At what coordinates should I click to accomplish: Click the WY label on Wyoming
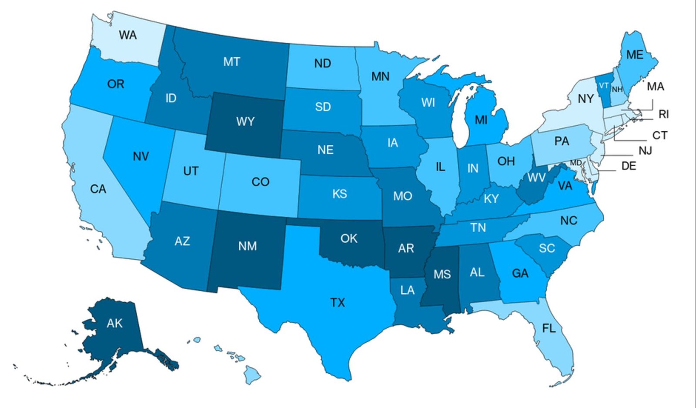[245, 121]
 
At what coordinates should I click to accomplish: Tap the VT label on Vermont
[604, 86]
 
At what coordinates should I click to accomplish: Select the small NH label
[617, 89]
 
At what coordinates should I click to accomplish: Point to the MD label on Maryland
[576, 163]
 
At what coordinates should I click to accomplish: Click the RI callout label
[663, 114]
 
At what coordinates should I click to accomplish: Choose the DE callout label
[629, 166]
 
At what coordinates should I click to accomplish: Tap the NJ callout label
[645, 150]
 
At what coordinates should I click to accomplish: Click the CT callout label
[659, 135]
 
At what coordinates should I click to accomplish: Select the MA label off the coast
[655, 87]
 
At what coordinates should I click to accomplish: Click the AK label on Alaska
[114, 323]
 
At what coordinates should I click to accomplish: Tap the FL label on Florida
[549, 328]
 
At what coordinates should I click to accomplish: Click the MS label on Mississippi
[442, 274]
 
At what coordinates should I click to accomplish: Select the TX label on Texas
[338, 302]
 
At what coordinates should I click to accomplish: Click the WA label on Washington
[127, 35]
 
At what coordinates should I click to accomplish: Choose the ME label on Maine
[635, 55]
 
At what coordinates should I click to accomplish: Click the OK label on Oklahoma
[349, 238]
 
